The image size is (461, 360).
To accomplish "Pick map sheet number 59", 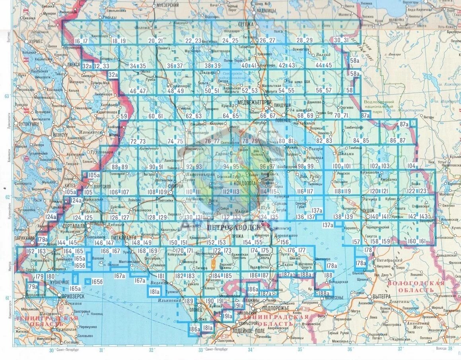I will click(124, 116).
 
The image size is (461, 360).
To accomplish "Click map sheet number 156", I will click(284, 242).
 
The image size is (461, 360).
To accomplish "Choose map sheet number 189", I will click(189, 301).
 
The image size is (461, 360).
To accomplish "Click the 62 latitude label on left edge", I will click(6, 197).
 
